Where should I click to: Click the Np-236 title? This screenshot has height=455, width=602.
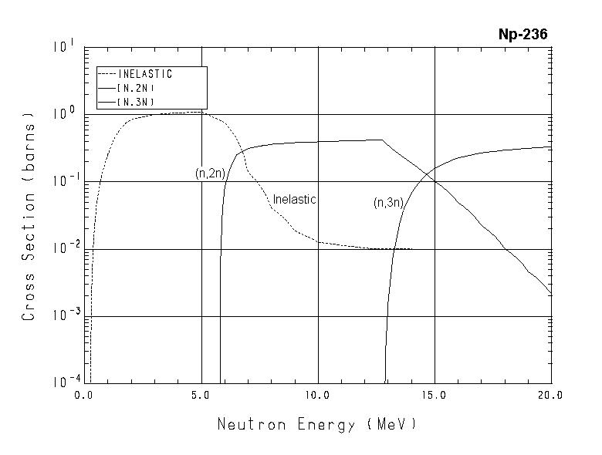523,35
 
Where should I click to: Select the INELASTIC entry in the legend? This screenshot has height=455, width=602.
145,75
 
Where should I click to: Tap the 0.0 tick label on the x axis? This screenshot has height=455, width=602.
83,396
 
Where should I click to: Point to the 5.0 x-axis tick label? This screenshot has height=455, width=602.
201,396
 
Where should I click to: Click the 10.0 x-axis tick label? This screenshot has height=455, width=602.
318,396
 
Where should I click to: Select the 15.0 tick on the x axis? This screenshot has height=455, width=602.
435,396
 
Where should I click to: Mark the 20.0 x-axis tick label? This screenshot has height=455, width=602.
551,396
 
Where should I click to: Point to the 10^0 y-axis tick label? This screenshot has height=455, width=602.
64,114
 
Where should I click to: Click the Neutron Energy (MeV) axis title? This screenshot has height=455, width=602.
317,424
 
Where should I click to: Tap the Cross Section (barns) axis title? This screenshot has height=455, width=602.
29,220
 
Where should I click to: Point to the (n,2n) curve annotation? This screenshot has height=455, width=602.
210,174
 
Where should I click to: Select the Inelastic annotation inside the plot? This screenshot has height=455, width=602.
295,200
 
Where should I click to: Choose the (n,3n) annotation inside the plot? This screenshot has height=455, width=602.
388,203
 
